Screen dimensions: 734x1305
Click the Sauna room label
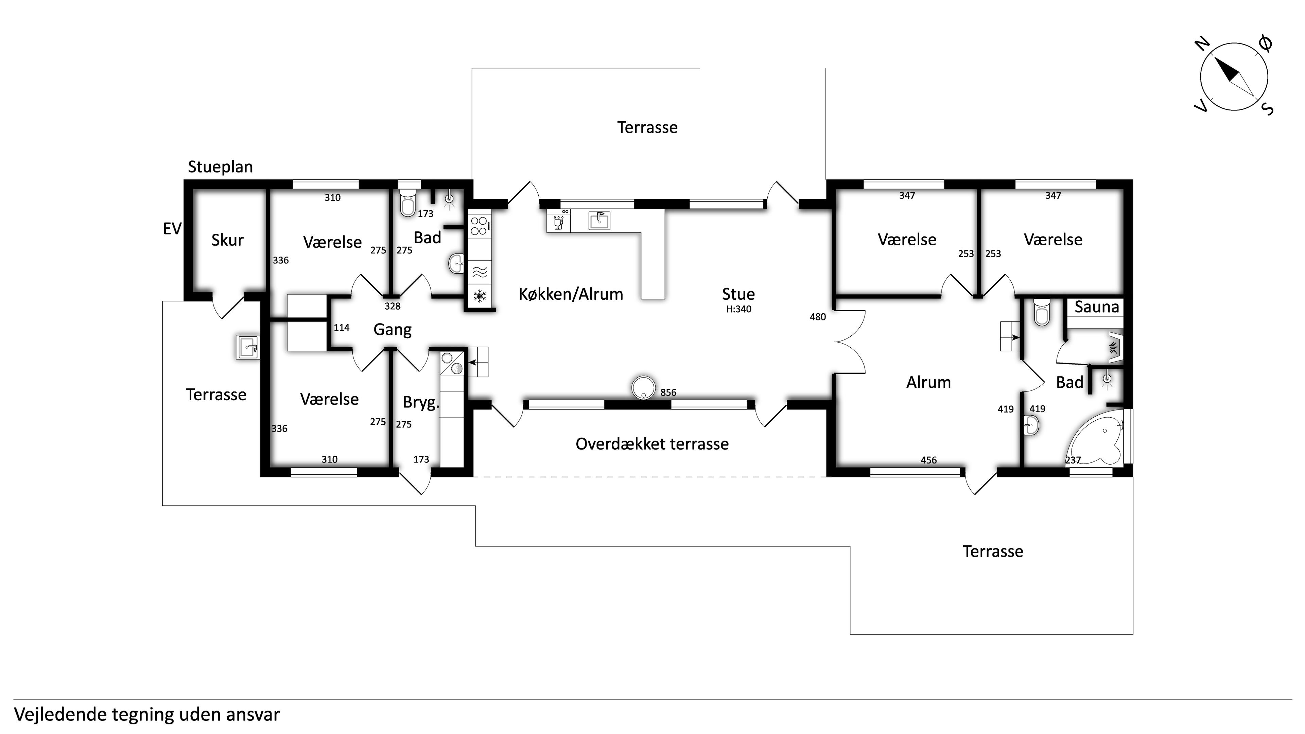click(1096, 307)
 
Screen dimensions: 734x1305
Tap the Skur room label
click(227, 240)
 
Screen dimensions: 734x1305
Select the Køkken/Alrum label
click(571, 294)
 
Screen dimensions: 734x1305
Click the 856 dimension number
click(668, 392)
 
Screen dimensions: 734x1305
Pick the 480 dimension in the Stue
click(818, 317)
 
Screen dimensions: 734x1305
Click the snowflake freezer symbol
click(479, 296)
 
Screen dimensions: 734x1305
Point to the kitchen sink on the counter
click(599, 221)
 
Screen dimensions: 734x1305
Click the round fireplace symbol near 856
click(643, 387)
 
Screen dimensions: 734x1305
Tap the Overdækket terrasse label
click(652, 444)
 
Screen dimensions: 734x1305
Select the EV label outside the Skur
click(172, 229)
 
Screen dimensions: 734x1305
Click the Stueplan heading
click(220, 167)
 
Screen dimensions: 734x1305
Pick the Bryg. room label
click(420, 403)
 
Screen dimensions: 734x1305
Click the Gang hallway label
click(392, 330)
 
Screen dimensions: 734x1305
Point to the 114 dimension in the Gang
click(342, 328)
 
